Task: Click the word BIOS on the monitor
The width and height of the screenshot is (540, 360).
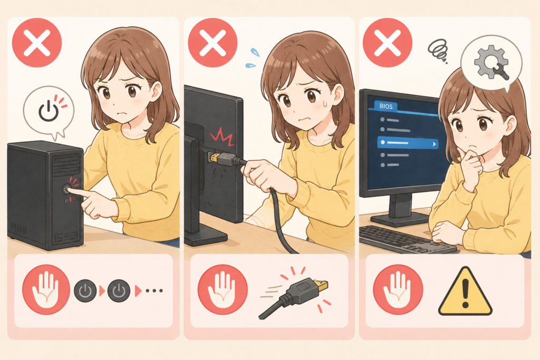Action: tap(385, 106)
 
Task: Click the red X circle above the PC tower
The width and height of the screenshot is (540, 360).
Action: tap(37, 42)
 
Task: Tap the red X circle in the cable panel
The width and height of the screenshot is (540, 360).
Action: tap(213, 42)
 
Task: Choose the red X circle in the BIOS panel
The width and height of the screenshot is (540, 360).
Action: tap(388, 42)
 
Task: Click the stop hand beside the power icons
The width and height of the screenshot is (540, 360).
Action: tap(46, 289)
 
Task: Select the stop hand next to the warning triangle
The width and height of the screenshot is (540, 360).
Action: tap(398, 289)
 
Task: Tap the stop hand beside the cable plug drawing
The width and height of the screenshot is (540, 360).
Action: tap(223, 289)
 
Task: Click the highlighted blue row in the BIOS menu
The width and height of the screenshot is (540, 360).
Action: tap(408, 143)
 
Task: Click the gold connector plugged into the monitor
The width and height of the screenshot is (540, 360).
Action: tap(214, 158)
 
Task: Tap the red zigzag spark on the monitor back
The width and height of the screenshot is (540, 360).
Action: tap(222, 135)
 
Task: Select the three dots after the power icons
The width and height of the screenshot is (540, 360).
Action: tap(154, 291)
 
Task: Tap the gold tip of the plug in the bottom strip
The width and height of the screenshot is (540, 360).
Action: tap(323, 285)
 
